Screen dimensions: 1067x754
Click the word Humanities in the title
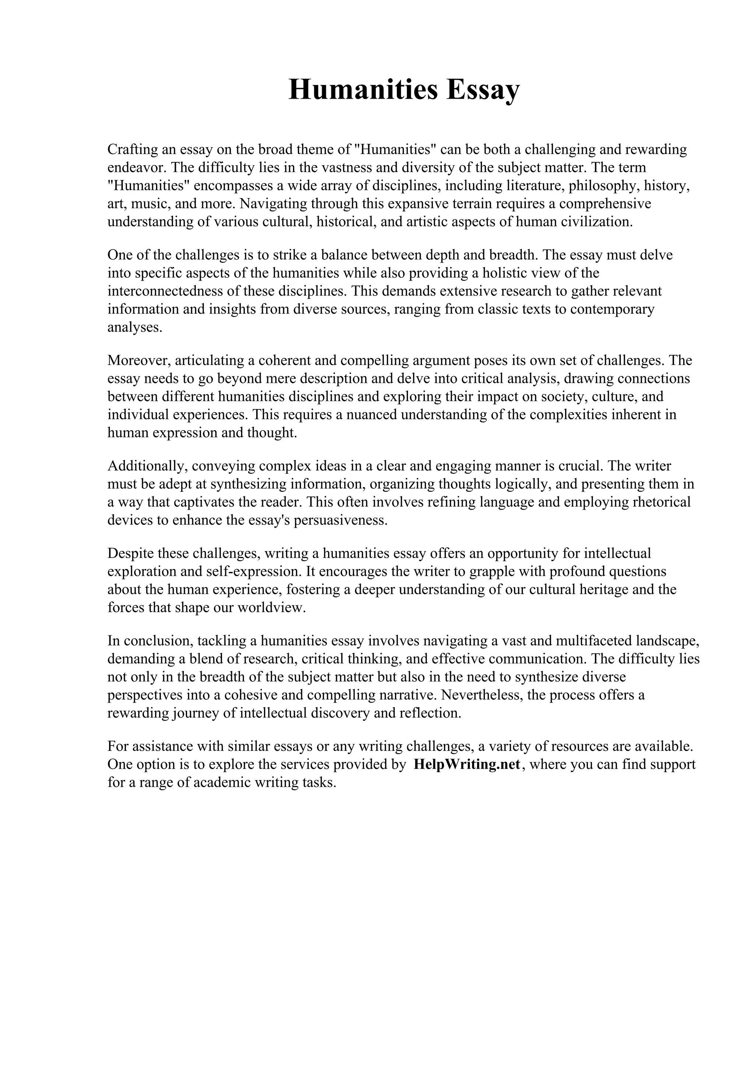point(363,90)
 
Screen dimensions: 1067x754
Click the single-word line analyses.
point(135,327)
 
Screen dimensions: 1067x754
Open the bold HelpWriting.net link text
point(466,765)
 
